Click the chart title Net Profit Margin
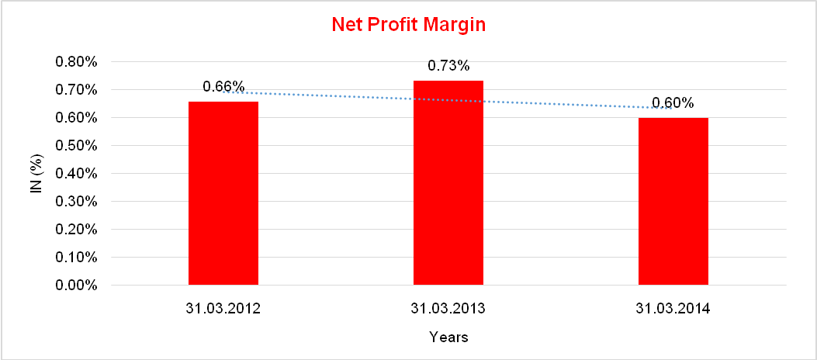pyautogui.click(x=408, y=25)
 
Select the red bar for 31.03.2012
pyautogui.click(x=223, y=193)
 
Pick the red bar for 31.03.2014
pyautogui.click(x=673, y=201)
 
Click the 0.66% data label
pyautogui.click(x=223, y=86)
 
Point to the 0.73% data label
pyautogui.click(x=448, y=66)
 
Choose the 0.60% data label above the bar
pyautogui.click(x=673, y=103)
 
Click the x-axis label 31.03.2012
pyautogui.click(x=223, y=309)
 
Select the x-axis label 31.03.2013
pyautogui.click(x=448, y=309)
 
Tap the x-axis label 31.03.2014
pyautogui.click(x=673, y=309)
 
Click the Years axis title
pyautogui.click(x=448, y=337)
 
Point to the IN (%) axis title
pyautogui.click(x=36, y=173)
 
